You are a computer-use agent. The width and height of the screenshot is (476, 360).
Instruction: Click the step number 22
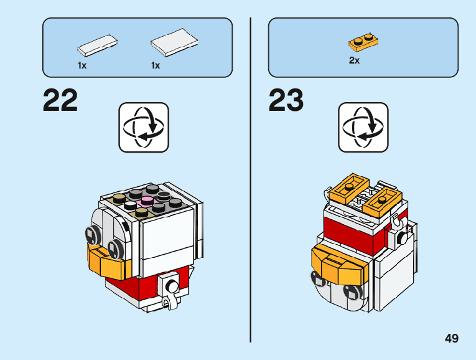(x=60, y=101)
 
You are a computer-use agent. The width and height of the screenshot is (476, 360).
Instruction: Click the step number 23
(x=286, y=101)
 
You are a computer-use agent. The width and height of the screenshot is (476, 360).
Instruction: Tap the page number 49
(x=452, y=338)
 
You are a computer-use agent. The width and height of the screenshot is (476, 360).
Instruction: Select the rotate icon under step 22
(x=143, y=127)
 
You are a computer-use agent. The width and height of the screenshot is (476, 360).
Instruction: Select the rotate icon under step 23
(x=363, y=127)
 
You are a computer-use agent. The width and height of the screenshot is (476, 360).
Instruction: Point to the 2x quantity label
(x=354, y=61)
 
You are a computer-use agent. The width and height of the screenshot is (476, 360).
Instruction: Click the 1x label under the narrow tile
(x=82, y=65)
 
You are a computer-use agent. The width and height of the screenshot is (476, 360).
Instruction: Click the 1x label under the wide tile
(x=156, y=65)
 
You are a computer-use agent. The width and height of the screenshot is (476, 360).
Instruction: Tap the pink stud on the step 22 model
(x=147, y=201)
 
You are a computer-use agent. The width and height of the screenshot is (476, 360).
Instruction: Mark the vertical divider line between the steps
(x=250, y=181)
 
